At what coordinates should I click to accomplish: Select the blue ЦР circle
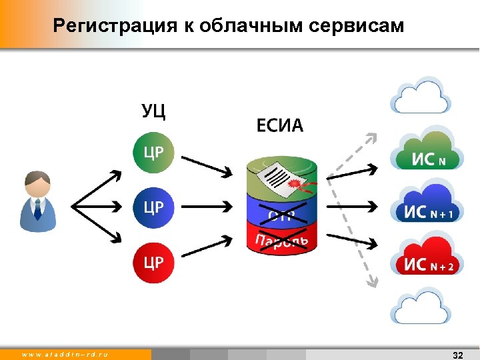click(x=153, y=207)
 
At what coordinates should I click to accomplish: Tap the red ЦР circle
click(x=153, y=261)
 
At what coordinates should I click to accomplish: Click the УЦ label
click(x=153, y=111)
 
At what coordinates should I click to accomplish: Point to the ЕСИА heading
click(x=279, y=125)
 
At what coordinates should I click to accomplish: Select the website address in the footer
click(x=65, y=355)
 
